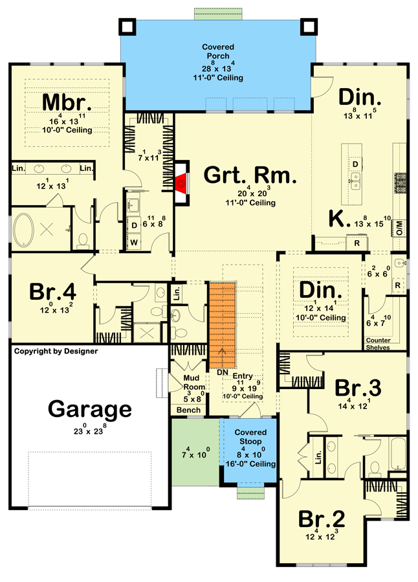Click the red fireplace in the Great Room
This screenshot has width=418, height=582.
pos(182,181)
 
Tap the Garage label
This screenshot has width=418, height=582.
pos(90,409)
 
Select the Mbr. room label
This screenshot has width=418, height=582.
pos(67,104)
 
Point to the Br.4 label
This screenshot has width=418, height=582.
pos(52,291)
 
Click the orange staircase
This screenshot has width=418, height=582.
pos(220,324)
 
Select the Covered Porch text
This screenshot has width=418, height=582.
pos(217,52)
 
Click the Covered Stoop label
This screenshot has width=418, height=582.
pos(250,437)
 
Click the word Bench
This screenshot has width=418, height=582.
pos(188,410)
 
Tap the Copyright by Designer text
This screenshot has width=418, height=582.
pos(56,351)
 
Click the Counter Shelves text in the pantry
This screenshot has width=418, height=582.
pos(382,343)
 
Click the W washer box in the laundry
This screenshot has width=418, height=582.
pos(135,242)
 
